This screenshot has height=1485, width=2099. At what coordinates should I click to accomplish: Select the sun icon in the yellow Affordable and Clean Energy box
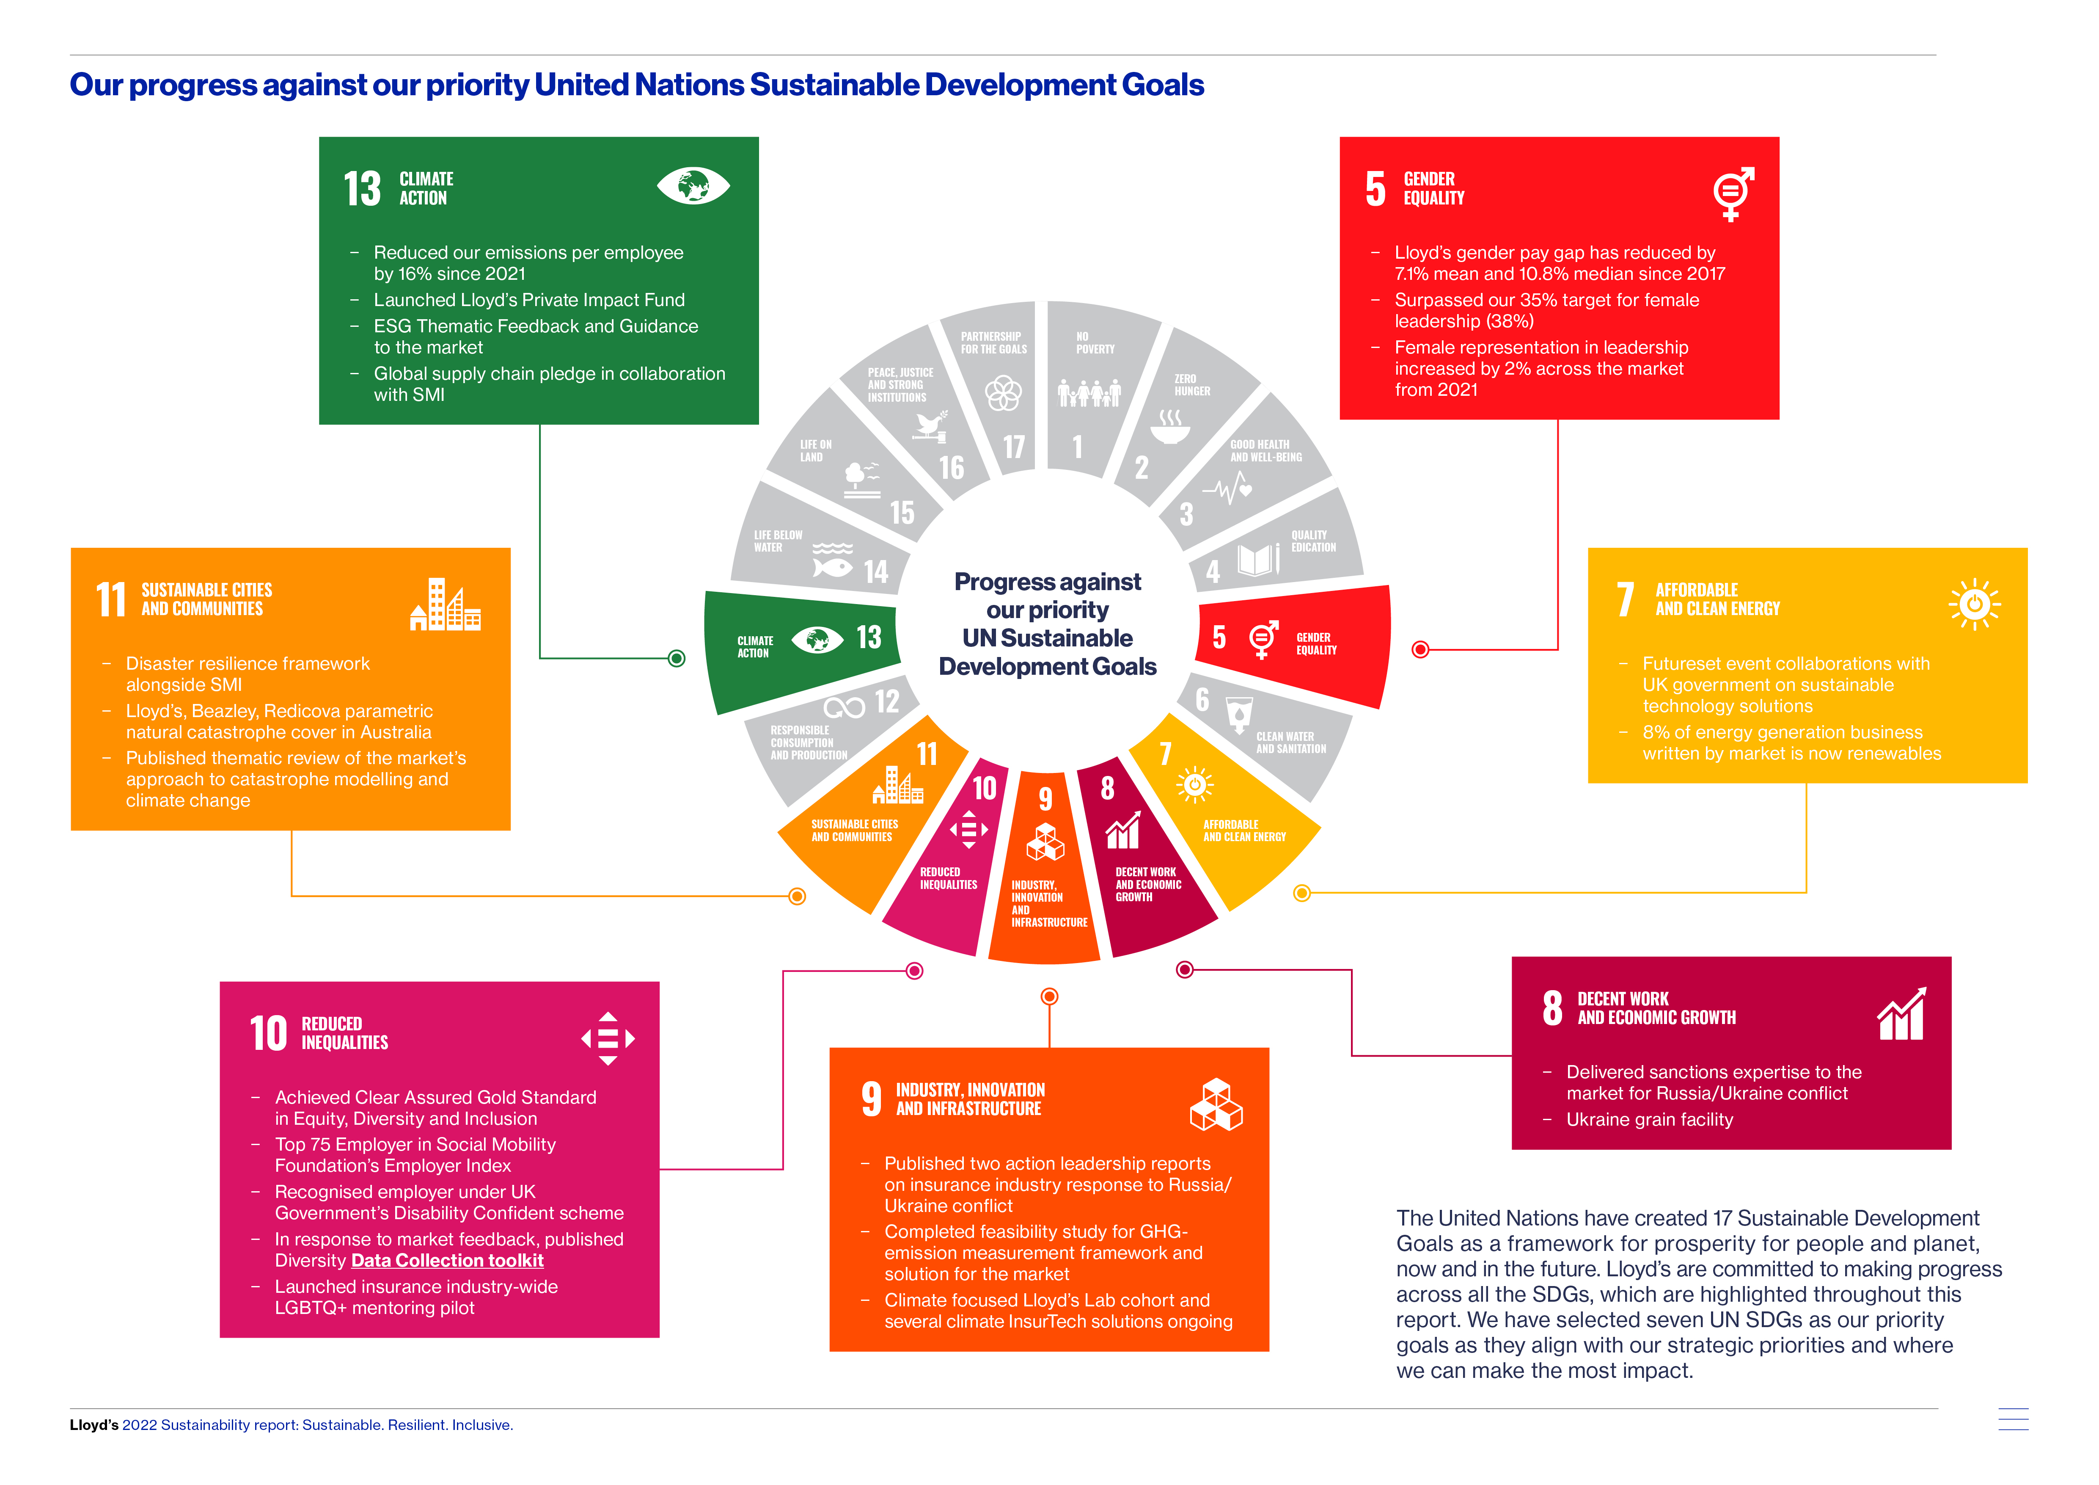pyautogui.click(x=1975, y=604)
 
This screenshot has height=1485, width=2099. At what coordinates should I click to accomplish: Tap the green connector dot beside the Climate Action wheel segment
pyautogui.click(x=677, y=658)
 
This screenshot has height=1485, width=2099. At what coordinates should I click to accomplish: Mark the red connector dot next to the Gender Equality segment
pyautogui.click(x=1420, y=649)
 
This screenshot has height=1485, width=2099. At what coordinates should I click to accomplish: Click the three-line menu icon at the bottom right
pyautogui.click(x=2013, y=1419)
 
